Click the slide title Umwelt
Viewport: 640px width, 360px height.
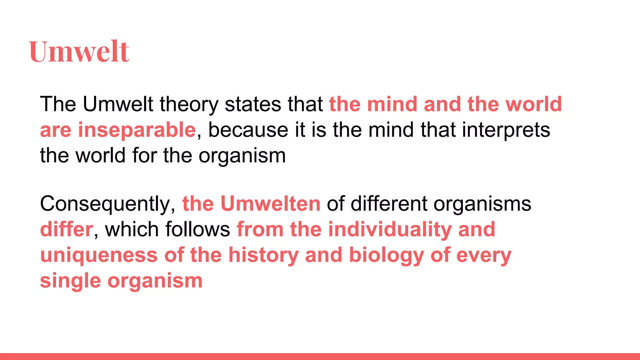79,52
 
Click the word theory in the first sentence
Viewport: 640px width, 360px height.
189,104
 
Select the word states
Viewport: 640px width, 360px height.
253,104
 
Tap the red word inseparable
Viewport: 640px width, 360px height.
137,130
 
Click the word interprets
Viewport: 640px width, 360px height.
506,130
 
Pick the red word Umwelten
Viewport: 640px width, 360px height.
270,204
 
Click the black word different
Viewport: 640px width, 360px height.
388,204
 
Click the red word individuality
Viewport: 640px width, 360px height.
390,229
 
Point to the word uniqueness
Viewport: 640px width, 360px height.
99,255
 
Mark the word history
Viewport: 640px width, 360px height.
263,255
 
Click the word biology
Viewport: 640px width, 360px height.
386,255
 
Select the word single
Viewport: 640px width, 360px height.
70,281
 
